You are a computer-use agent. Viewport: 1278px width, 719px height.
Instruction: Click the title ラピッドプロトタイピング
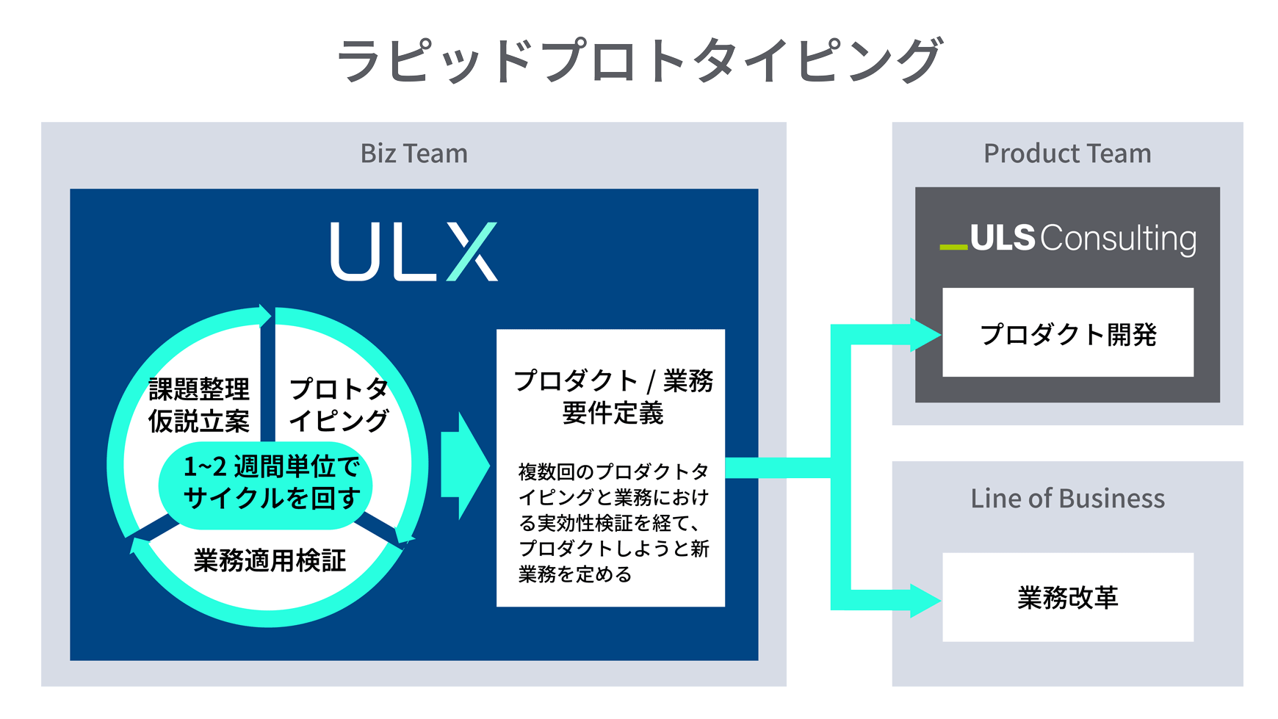[x=638, y=60]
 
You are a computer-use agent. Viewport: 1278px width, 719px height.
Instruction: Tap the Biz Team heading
[x=414, y=153]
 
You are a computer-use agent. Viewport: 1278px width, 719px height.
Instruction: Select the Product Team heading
[x=1066, y=153]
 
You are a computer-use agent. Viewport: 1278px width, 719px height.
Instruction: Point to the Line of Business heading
[x=1067, y=499]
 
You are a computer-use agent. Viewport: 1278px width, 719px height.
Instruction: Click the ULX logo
[x=414, y=251]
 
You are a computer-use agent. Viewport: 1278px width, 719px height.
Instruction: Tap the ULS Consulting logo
[x=1068, y=239]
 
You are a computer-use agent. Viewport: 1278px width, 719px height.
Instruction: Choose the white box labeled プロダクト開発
[x=1067, y=333]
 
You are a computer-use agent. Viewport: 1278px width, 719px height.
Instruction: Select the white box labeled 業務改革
[x=1067, y=598]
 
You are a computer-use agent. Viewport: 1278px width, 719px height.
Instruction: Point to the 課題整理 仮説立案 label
[x=198, y=405]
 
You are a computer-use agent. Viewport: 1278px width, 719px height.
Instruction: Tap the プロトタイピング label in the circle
[x=338, y=405]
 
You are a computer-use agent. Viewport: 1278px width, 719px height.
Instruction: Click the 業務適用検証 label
[x=270, y=561]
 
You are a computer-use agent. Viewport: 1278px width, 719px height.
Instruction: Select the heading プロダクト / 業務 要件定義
[x=613, y=397]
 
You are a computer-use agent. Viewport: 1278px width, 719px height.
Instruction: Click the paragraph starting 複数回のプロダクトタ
[x=613, y=523]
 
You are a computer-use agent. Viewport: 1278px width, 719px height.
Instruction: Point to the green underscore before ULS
[x=953, y=248]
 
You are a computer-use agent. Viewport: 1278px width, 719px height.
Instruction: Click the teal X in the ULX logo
[x=472, y=251]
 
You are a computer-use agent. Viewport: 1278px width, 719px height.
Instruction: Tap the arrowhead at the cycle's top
[x=264, y=315]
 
